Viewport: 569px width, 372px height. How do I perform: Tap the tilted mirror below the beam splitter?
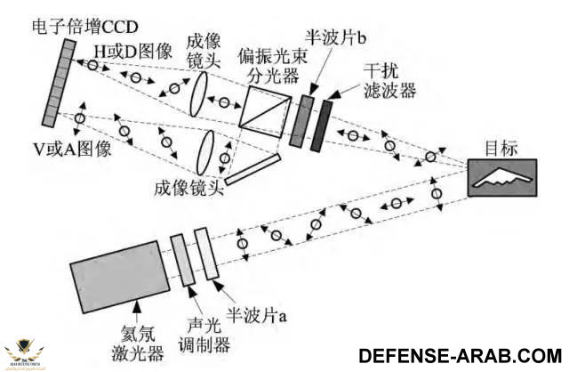253,170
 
